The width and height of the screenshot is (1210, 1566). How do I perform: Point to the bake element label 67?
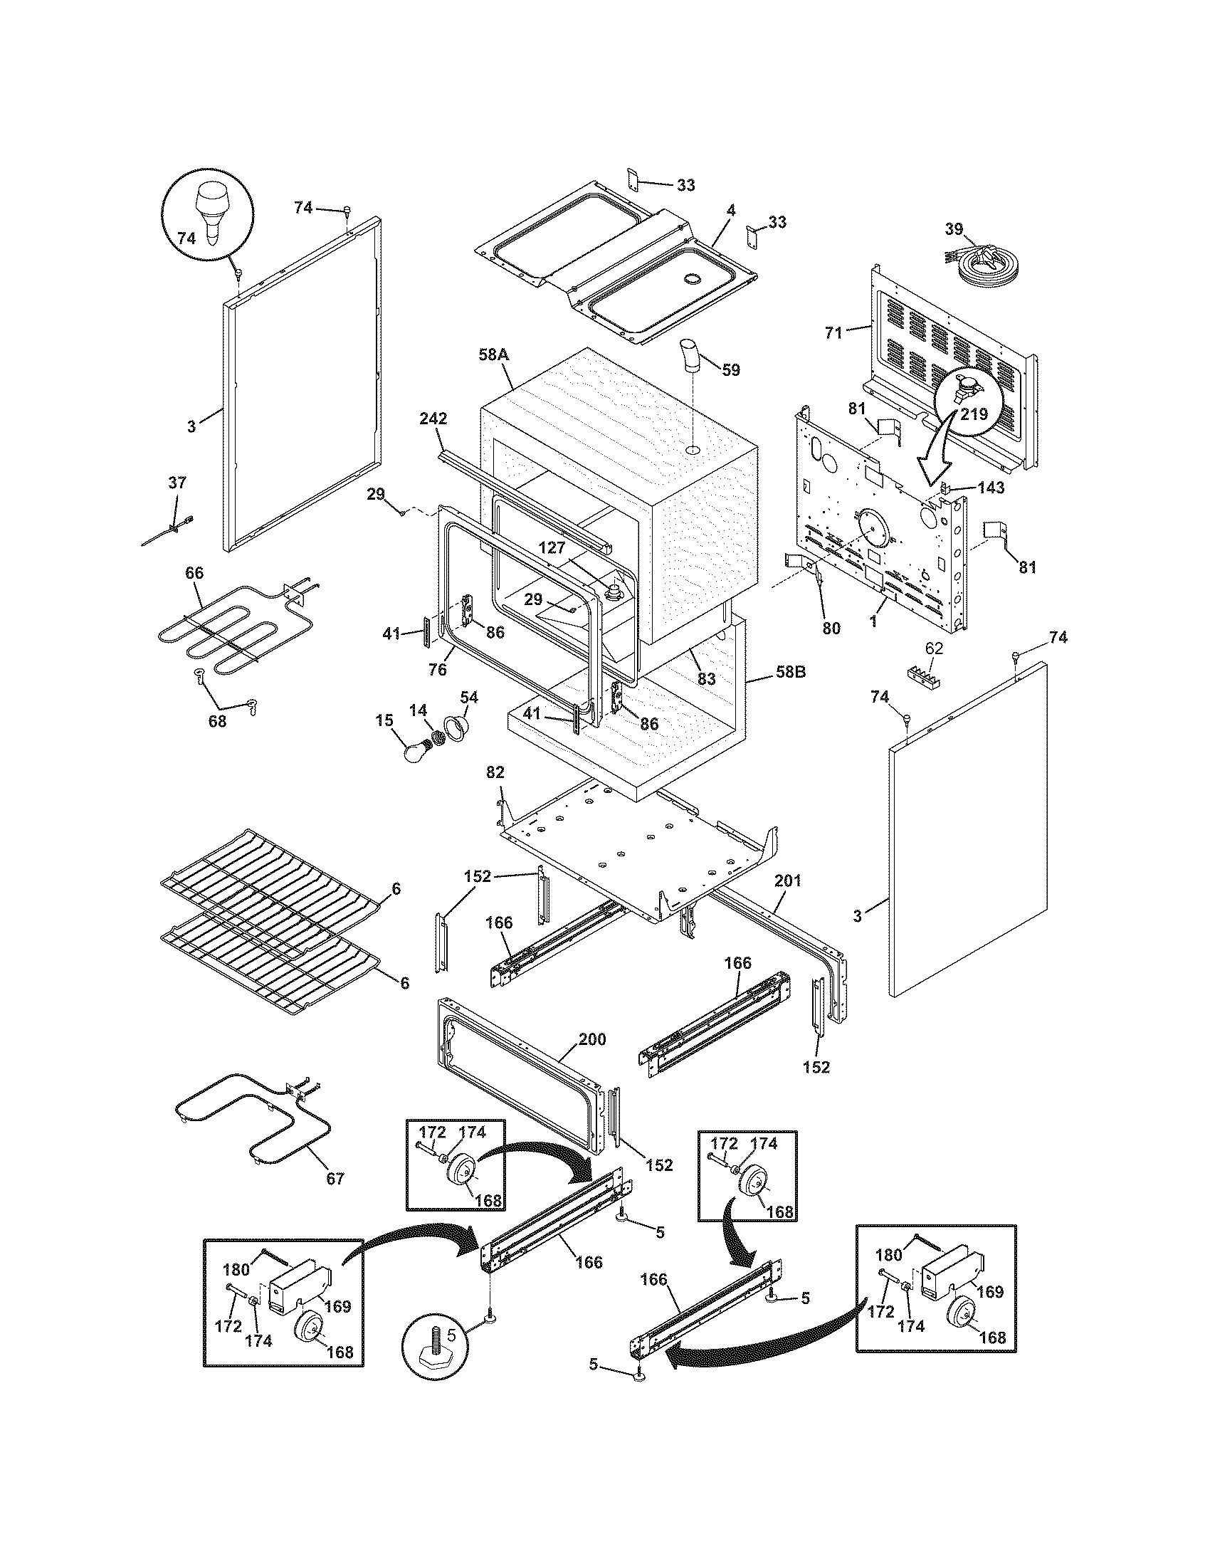coord(335,1178)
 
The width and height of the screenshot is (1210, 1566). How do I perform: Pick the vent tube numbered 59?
coord(692,357)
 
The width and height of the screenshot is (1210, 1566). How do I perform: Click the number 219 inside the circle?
coord(974,414)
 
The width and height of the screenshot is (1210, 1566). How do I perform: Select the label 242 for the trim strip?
coord(433,419)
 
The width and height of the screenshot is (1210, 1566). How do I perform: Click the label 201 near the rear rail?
coord(787,881)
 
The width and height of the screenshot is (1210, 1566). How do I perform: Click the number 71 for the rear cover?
coord(833,332)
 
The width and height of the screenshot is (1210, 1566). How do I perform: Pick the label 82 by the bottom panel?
coord(495,772)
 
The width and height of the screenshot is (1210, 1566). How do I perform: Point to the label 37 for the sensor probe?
coord(177,483)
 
